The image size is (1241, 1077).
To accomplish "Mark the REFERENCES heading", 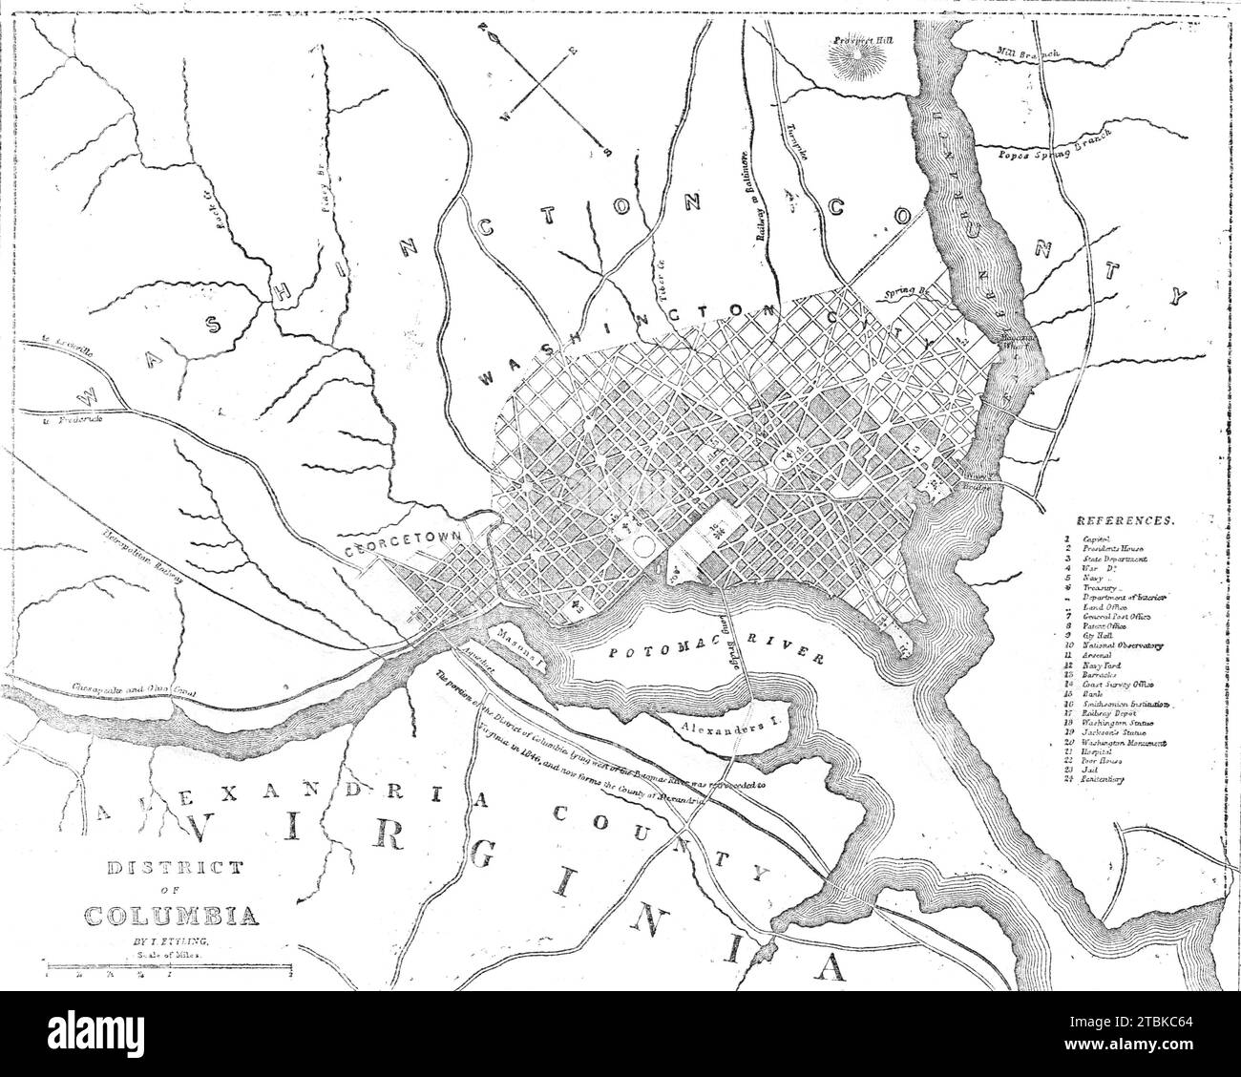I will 1125,521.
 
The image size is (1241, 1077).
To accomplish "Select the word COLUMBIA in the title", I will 172,914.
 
